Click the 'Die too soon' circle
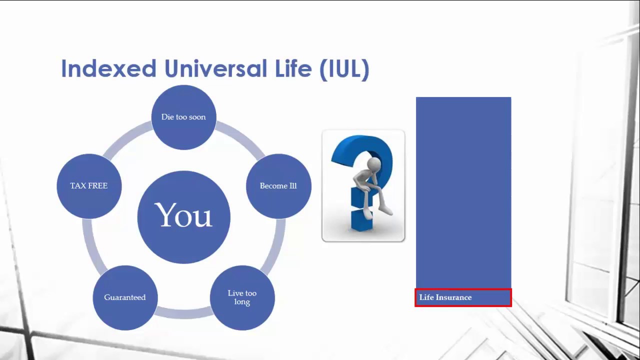(183, 117)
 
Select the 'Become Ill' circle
(278, 186)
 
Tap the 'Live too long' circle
(242, 297)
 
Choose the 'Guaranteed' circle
(125, 297)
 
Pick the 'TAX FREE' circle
(89, 186)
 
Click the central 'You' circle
(183, 217)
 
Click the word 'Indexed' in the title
(108, 68)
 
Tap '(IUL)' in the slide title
(344, 69)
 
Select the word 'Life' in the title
(293, 68)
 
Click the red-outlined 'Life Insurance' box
(463, 297)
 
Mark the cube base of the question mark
(361, 220)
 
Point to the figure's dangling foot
(386, 210)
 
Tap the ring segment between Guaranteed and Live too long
(183, 313)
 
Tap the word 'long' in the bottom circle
(242, 302)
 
